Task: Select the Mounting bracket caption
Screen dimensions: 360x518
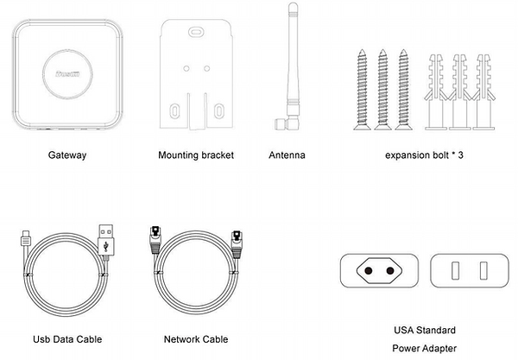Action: tap(197, 155)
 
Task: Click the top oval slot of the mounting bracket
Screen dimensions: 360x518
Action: tap(197, 33)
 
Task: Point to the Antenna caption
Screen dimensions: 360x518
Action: tap(287, 155)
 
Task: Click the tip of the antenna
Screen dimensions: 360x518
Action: tap(293, 7)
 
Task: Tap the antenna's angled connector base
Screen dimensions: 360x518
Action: tap(281, 123)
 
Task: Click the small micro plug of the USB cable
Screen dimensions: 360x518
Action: tap(24, 235)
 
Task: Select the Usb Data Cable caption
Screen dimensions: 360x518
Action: tap(60, 339)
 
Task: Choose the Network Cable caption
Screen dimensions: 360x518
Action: tap(195, 339)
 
